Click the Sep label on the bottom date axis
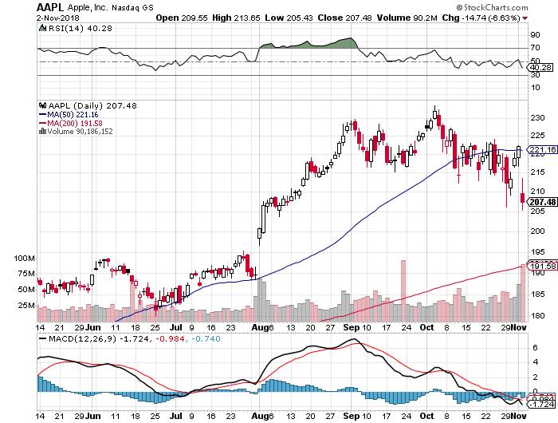tap(349, 327)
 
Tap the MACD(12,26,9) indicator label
tap(73, 341)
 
